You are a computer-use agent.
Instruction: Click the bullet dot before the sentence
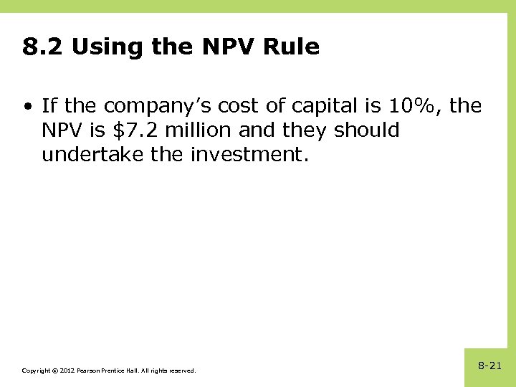point(27,107)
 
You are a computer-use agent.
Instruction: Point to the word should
point(368,131)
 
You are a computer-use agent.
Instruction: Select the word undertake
point(85,155)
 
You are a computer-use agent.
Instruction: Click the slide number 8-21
point(490,365)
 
